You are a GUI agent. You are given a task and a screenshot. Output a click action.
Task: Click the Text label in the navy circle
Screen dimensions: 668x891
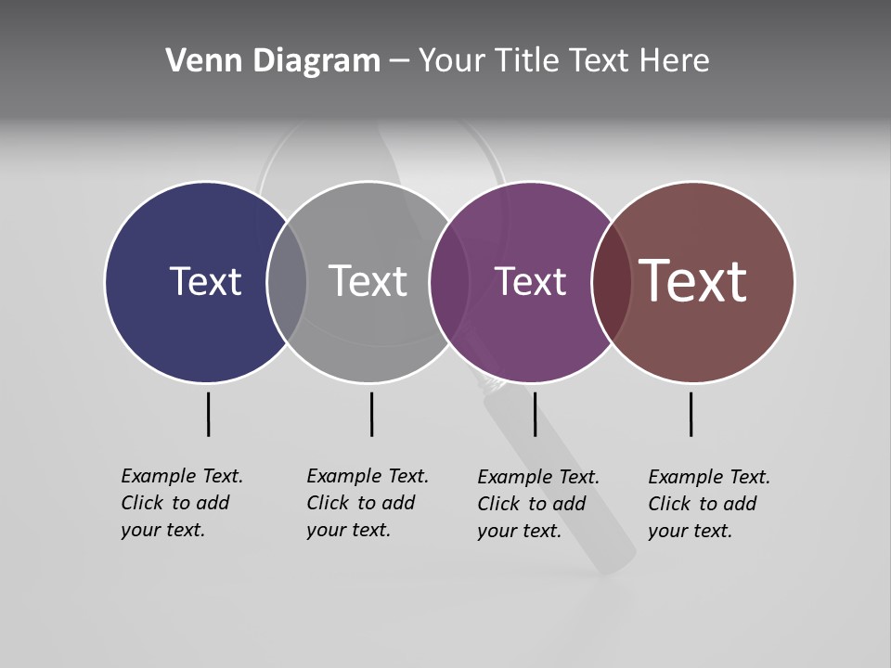(x=205, y=281)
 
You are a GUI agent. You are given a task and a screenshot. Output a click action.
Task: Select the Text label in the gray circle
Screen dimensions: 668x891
(x=368, y=281)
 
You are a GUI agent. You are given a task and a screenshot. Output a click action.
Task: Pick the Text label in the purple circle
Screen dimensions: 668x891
(x=530, y=281)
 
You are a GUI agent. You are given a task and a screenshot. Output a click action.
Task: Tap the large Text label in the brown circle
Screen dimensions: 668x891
(x=693, y=281)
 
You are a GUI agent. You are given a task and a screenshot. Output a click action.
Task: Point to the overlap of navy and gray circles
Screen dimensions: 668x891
(x=287, y=281)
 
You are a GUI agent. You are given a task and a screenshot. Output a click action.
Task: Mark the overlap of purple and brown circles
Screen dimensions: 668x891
(x=610, y=281)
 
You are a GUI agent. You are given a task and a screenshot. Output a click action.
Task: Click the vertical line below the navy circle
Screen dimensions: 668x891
(x=208, y=414)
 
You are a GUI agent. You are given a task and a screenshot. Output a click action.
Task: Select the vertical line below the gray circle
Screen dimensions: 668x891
(x=371, y=414)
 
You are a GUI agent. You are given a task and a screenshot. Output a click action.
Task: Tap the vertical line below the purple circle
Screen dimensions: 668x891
(x=535, y=414)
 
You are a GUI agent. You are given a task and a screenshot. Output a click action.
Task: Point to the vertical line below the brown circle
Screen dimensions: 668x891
(x=691, y=414)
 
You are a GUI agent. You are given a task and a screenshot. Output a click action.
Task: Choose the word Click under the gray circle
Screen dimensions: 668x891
(x=327, y=503)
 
